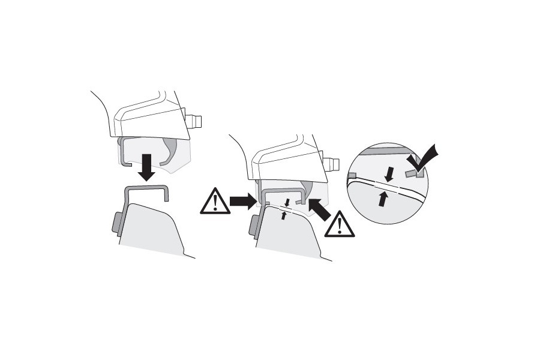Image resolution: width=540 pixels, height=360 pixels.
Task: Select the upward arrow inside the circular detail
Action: point(382,198)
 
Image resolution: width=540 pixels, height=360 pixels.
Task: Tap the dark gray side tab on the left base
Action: point(116,223)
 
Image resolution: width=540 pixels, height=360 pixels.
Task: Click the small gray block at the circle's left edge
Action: point(352,176)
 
